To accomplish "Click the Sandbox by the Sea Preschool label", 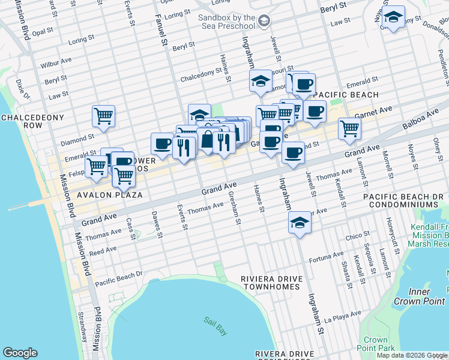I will pyautogui.click(x=226, y=22).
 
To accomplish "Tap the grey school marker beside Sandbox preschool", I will pyautogui.click(x=263, y=22).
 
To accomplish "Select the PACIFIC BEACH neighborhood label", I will pyautogui.click(x=346, y=95).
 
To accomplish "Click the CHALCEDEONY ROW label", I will pyautogui.click(x=22, y=121).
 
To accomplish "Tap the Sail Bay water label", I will pyautogui.click(x=213, y=322).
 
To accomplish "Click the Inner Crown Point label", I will pyautogui.click(x=428, y=296).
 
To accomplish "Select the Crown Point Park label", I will pyautogui.click(x=376, y=343).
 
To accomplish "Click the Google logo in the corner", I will pyautogui.click(x=20, y=353).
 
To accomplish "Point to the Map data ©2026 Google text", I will pyautogui.click(x=411, y=355).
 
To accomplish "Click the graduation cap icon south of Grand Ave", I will pyautogui.click(x=299, y=223).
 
